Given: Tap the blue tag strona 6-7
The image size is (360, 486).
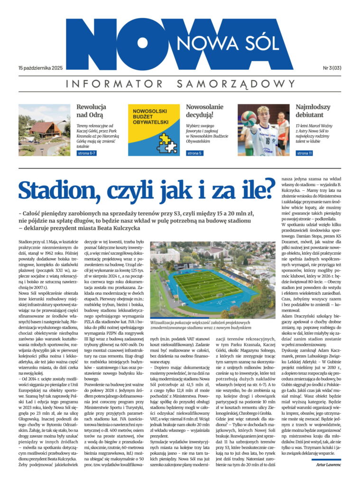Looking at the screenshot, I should tap(87, 153).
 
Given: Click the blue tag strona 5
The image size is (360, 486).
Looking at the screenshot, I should tap(194, 153).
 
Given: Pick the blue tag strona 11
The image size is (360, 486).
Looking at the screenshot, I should tap(304, 153).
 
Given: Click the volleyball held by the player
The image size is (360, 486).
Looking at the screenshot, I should tap(248, 118).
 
